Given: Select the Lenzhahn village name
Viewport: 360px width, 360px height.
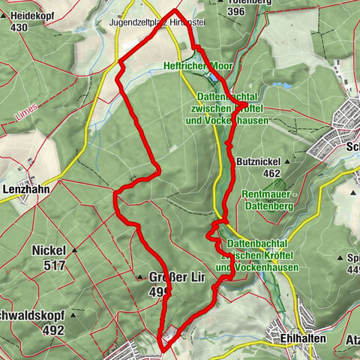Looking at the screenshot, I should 25,190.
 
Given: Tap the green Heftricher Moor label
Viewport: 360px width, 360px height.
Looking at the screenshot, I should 198,67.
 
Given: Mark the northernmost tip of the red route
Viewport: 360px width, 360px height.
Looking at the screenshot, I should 175,10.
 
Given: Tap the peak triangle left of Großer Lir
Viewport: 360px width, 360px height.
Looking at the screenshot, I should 139,278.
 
